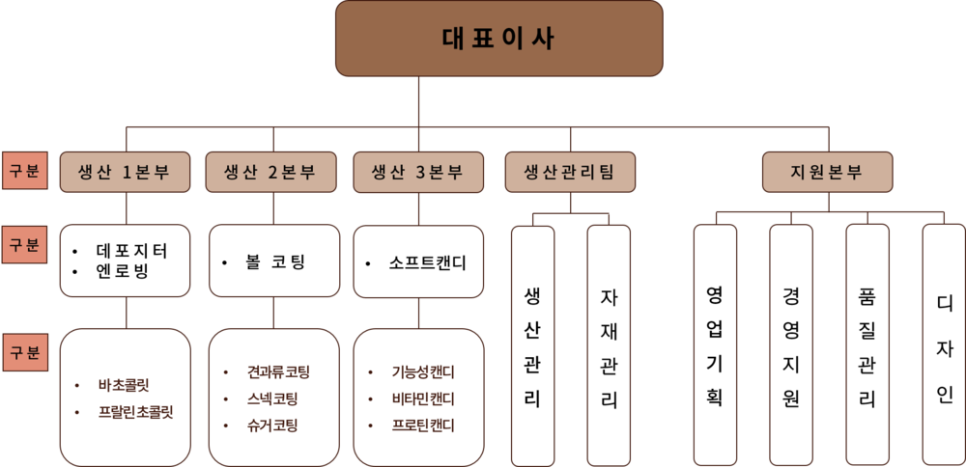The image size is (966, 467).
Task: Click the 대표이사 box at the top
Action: (499, 39)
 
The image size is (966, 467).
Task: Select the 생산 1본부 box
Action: (125, 173)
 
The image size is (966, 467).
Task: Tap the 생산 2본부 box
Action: (271, 173)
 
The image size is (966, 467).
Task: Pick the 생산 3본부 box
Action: (418, 173)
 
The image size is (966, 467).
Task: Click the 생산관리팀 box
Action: (570, 173)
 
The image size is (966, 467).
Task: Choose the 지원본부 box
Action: (828, 173)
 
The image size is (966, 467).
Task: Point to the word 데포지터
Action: (131, 251)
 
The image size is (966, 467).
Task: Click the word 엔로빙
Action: (123, 271)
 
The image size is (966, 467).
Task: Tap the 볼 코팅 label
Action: (274, 262)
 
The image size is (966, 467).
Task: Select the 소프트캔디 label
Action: (428, 263)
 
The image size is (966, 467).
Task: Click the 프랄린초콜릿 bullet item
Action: (135, 412)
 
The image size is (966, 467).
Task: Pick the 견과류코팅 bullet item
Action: (278, 372)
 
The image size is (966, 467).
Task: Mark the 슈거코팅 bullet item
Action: (271, 426)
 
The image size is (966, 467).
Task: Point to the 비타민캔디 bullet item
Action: (423, 398)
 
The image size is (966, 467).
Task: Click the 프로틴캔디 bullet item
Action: (423, 426)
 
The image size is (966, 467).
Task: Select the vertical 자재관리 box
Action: (609, 345)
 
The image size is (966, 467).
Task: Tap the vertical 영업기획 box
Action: (715, 344)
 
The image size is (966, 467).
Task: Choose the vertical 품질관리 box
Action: (867, 343)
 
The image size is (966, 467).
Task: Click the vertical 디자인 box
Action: (944, 343)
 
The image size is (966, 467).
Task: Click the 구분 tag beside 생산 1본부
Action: (25, 171)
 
